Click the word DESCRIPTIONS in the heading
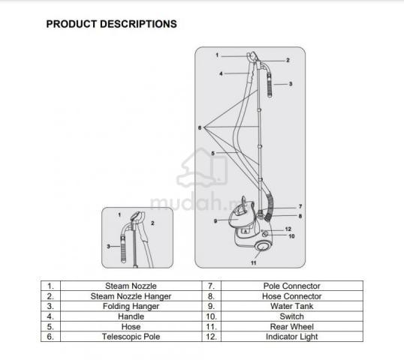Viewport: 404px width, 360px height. tap(138, 24)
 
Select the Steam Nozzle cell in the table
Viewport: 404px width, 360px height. tap(131, 286)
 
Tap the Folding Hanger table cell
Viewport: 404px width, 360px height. tap(131, 306)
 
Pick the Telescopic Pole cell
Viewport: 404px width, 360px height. tap(131, 337)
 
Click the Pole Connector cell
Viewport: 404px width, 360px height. tap(292, 286)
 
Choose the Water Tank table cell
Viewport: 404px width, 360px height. tap(292, 306)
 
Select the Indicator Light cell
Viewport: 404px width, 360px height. tap(292, 337)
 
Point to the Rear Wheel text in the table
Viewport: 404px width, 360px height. tap(292, 326)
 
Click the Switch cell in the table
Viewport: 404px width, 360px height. tap(292, 316)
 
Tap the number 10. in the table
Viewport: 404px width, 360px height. tap(211, 316)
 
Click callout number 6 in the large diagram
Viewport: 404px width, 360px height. tap(200, 127)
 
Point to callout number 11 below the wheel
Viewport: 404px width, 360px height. tap(254, 262)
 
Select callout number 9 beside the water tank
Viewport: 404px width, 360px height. tap(216, 220)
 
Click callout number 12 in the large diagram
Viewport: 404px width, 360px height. tap(288, 229)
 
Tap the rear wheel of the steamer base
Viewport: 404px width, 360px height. tap(263, 246)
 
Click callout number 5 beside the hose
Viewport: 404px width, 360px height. tap(213, 153)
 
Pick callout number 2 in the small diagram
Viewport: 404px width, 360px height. tap(152, 223)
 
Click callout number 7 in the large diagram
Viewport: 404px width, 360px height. tap(300, 206)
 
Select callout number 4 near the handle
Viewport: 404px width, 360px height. tap(221, 73)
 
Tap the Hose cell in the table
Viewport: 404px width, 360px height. tap(131, 326)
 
